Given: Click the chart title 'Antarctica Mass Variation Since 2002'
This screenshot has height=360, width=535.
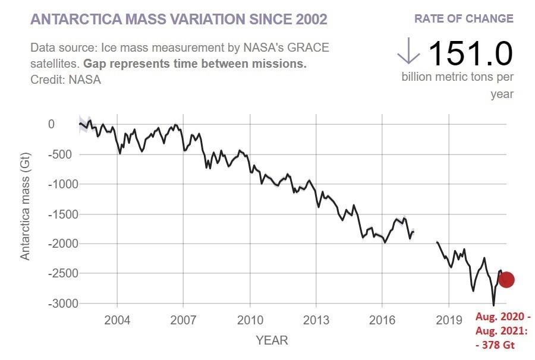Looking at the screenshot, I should (178, 19).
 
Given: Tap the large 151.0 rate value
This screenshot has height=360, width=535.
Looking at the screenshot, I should (470, 54).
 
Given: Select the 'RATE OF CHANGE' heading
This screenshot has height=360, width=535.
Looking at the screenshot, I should (464, 18).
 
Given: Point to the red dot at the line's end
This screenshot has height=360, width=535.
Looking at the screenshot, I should (506, 280).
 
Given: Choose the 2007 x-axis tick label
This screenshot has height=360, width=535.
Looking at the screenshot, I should (183, 320).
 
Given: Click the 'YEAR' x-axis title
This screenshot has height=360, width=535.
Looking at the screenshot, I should (272, 340).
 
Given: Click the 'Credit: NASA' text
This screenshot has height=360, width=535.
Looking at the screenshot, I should (65, 80).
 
